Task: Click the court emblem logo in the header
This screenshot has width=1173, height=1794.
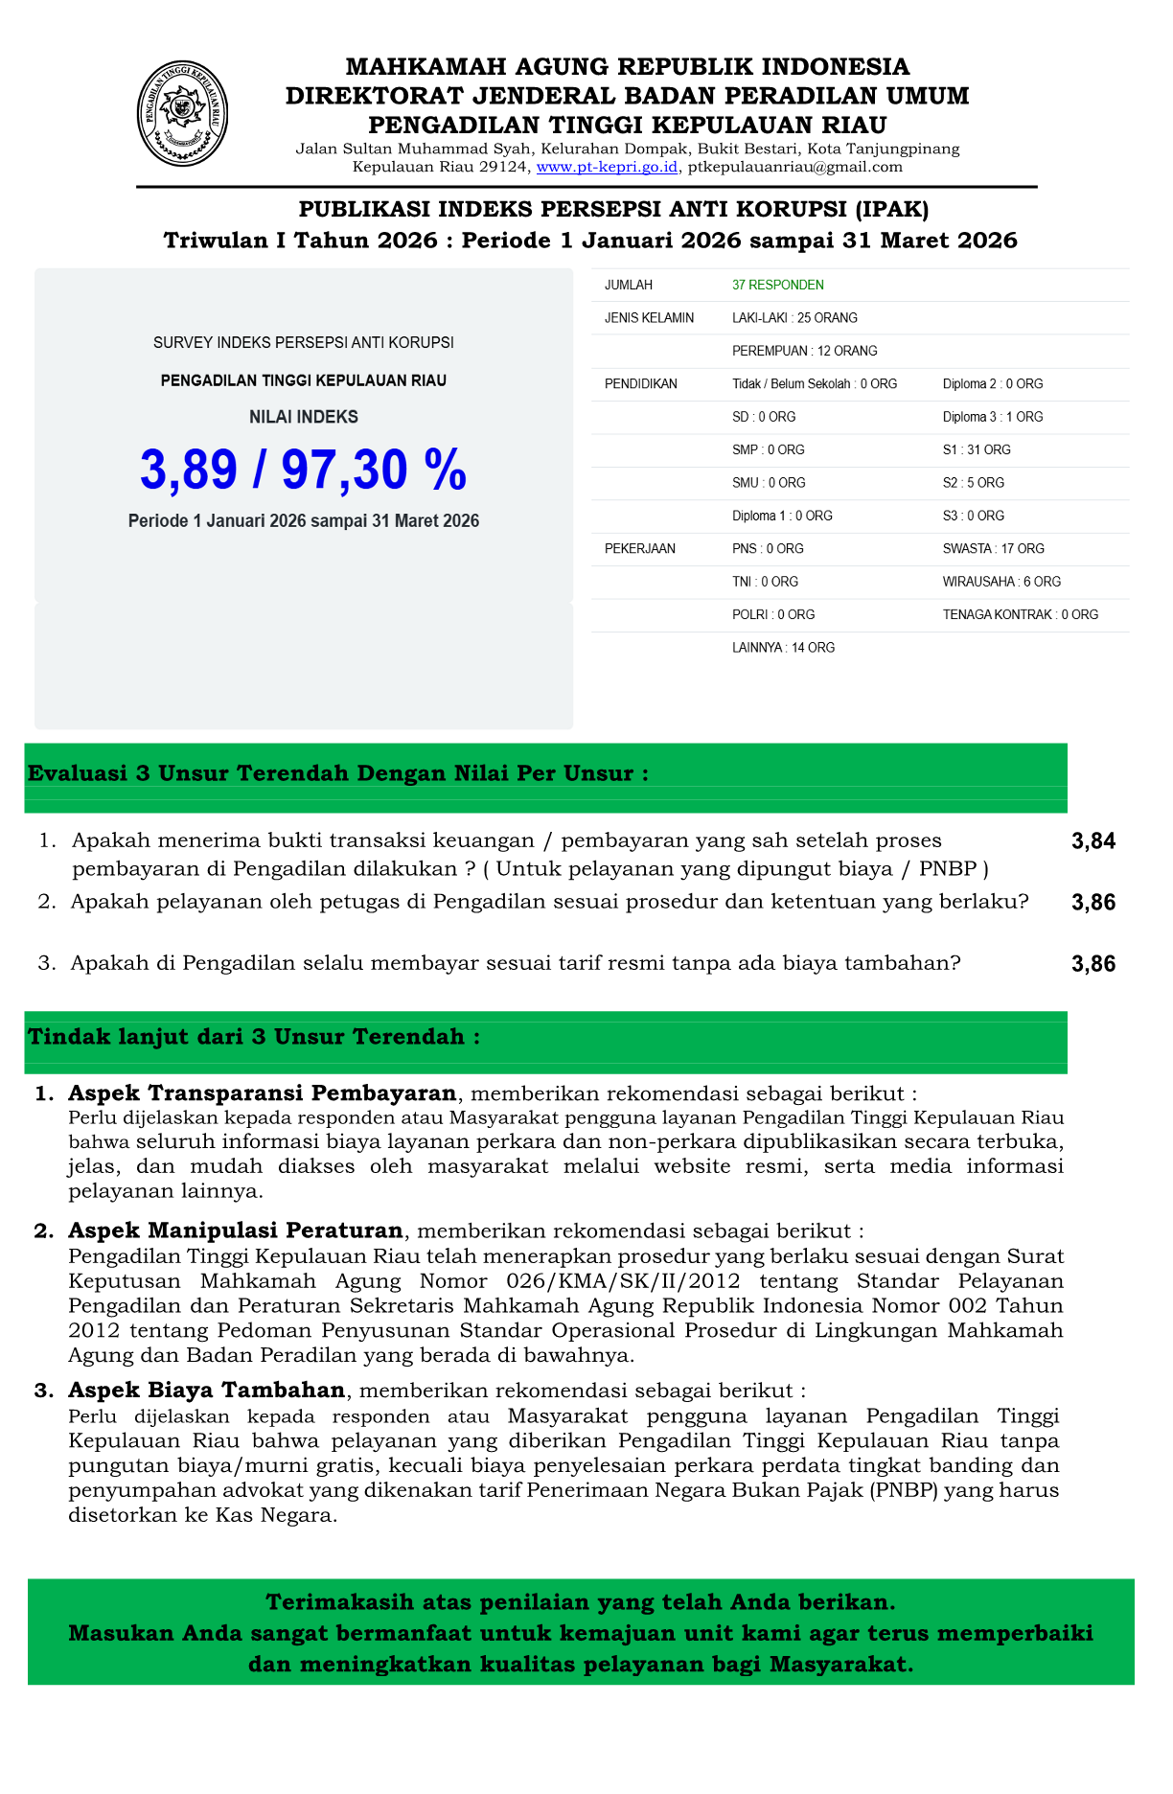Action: click(182, 113)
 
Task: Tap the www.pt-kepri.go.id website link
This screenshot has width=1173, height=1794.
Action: click(608, 167)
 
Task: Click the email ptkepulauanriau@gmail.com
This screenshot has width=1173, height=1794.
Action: click(795, 167)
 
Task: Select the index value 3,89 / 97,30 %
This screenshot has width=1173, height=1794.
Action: click(304, 470)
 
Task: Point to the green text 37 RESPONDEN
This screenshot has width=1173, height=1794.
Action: click(777, 285)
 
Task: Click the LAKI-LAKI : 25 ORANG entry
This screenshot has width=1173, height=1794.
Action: click(794, 317)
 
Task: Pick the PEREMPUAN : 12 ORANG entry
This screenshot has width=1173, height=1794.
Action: click(804, 351)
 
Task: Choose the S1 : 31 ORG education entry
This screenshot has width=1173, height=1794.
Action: click(977, 449)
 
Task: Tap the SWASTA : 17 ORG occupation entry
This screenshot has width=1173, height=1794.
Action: click(993, 548)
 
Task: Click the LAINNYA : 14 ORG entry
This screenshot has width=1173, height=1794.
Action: click(783, 648)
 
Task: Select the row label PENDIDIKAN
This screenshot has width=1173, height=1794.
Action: click(640, 383)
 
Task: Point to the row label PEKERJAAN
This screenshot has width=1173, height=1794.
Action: click(639, 548)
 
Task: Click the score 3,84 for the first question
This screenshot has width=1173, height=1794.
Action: click(1093, 841)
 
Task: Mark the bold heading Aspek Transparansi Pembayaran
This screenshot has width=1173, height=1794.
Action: click(262, 1093)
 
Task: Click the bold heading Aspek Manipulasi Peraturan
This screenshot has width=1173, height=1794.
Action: click(235, 1230)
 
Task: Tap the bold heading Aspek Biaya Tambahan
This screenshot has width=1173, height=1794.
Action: click(206, 1391)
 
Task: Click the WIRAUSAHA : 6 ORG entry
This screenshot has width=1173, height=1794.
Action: click(1001, 582)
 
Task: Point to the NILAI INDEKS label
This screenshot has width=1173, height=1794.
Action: click(304, 417)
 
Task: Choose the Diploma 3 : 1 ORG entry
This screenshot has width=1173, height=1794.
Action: click(993, 417)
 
